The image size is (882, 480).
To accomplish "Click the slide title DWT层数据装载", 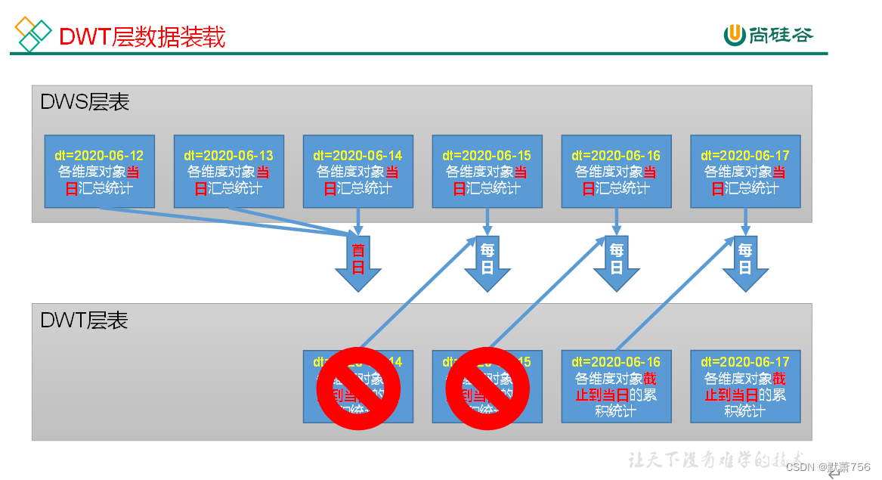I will [x=142, y=36].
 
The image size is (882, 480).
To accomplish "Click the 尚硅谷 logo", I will [x=769, y=34].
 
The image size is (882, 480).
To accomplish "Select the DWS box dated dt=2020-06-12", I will [x=99, y=172].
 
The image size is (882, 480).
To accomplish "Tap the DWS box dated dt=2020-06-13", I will [x=228, y=172].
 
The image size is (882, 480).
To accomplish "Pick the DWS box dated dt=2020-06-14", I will [x=357, y=172].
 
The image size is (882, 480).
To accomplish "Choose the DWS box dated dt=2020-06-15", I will [x=487, y=172].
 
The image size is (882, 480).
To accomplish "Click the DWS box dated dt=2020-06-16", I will [x=616, y=172].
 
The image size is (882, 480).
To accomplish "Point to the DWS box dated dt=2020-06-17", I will [x=745, y=172].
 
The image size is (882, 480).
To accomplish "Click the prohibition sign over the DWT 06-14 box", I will [x=357, y=389].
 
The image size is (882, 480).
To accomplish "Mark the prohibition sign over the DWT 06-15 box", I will [x=487, y=389].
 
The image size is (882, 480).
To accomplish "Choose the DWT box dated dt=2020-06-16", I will [x=616, y=386].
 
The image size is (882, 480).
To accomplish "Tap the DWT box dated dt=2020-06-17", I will [x=745, y=386].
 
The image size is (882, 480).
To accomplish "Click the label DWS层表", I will [x=85, y=103].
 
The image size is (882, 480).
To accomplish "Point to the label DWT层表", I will [x=84, y=321].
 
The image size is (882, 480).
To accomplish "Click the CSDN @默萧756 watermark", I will [x=828, y=466].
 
